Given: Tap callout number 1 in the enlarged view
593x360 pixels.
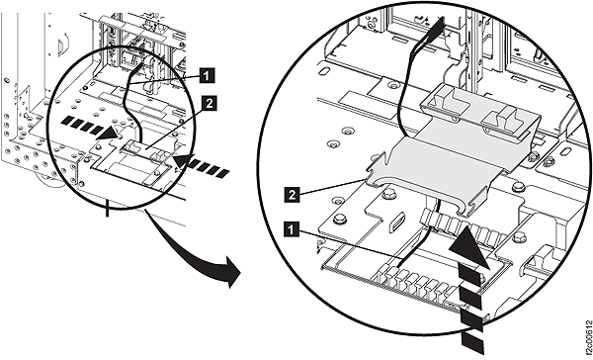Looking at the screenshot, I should pyautogui.click(x=292, y=227).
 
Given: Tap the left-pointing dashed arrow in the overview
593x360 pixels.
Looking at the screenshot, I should pyautogui.click(x=208, y=166).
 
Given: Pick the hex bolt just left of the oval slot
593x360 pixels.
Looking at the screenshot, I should pyautogui.click(x=340, y=219).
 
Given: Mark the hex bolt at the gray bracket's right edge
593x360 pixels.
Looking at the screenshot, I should pyautogui.click(x=535, y=155).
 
